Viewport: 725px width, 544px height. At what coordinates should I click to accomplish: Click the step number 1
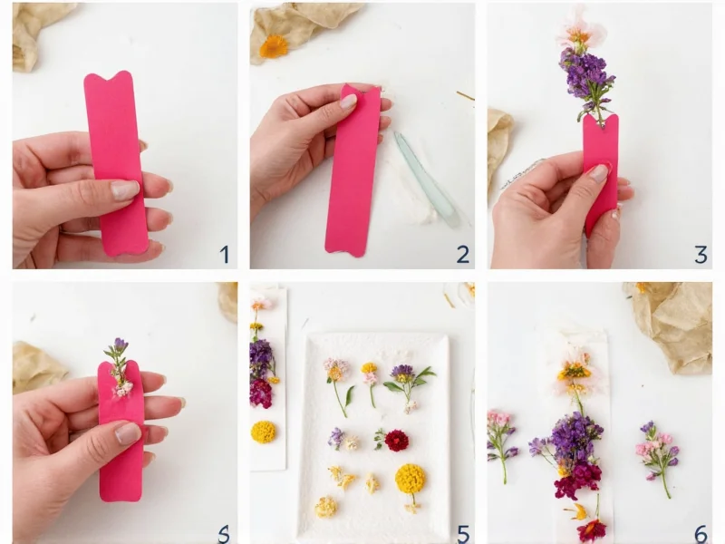(224, 254)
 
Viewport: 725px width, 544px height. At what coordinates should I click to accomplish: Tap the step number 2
(463, 254)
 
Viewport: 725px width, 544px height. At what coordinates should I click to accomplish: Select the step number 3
(701, 254)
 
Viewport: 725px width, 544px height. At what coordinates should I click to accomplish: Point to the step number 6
(701, 533)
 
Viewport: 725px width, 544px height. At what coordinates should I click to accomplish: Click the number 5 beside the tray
(463, 533)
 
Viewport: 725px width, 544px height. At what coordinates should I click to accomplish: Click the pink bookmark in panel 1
(116, 163)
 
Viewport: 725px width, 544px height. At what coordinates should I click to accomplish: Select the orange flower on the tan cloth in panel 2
(274, 45)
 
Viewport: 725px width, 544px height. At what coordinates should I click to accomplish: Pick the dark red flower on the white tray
(396, 441)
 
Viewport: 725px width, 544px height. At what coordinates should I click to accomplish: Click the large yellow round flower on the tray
(410, 478)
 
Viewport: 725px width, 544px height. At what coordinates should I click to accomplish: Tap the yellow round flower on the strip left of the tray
(264, 432)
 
